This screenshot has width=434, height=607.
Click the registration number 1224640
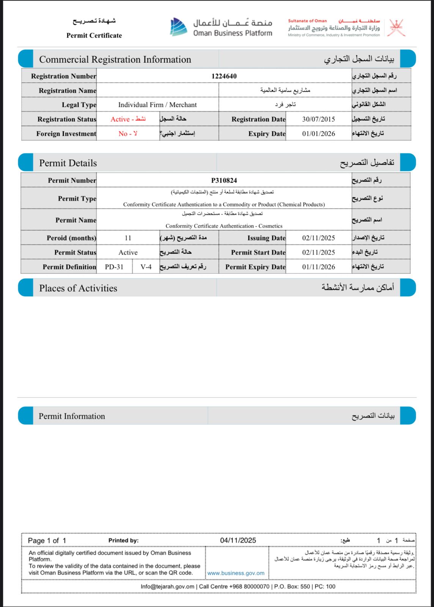click(224, 76)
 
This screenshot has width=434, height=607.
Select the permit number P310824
click(224, 181)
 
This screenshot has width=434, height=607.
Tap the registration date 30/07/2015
click(318, 119)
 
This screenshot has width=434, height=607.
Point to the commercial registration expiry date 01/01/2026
click(318, 134)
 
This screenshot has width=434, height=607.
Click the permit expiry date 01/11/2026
click(318, 267)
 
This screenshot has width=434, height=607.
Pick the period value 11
click(128, 238)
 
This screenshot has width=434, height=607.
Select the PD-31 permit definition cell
click(114, 267)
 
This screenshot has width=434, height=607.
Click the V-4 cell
click(146, 267)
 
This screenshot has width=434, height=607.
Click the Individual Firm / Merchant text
click(157, 105)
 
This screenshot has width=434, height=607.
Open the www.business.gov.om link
click(236, 573)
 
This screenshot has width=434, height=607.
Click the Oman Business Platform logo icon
click(178, 27)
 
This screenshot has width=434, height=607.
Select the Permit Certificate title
click(94, 36)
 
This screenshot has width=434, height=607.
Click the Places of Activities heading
click(78, 288)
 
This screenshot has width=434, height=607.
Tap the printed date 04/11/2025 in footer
click(238, 540)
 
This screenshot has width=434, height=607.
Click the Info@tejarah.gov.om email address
click(167, 587)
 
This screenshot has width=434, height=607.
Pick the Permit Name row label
click(76, 220)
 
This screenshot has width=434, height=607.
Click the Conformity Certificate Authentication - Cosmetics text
click(224, 226)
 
